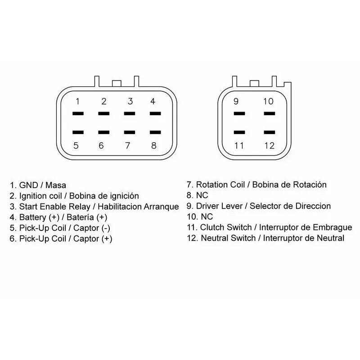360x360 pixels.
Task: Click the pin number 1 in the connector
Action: [77, 101]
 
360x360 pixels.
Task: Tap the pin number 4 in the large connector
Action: [153, 101]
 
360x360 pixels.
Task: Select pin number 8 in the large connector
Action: [154, 145]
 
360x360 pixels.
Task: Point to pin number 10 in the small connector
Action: [268, 101]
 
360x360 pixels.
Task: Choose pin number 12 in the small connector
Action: [270, 145]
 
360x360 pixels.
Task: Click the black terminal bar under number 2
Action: [104, 113]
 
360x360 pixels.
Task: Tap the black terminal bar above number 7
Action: [130, 132]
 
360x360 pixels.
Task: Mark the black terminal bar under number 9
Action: [239, 113]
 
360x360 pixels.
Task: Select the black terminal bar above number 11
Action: [239, 132]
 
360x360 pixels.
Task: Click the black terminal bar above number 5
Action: [78, 132]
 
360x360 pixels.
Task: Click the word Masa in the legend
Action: [56, 185]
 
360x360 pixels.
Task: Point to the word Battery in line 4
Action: [32, 217]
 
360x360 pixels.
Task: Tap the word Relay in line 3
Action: [80, 207]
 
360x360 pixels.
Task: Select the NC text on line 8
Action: [202, 195]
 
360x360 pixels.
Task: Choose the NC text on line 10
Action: [207, 216]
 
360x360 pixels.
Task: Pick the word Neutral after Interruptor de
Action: [331, 238]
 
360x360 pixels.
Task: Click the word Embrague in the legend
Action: [333, 228]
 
